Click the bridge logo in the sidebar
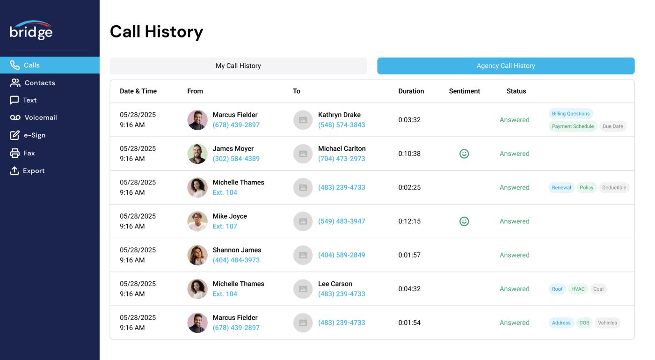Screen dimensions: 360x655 tap(31, 30)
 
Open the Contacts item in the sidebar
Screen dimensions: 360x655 tap(39, 83)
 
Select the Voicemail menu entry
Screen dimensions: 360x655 tap(40, 118)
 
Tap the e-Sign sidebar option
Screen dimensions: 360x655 tap(34, 135)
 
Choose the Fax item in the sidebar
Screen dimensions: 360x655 tap(29, 153)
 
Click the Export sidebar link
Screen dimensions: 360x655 tap(34, 171)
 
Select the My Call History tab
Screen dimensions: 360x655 tap(238, 66)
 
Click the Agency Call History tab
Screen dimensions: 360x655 tap(506, 66)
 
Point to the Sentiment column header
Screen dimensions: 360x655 tap(464, 91)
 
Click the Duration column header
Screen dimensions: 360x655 tap(411, 91)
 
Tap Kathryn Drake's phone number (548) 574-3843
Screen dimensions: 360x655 tap(342, 125)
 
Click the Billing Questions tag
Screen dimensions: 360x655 tap(570, 114)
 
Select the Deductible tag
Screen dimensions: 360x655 tap(614, 188)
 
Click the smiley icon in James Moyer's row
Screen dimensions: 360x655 tap(464, 154)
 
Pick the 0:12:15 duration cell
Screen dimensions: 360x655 tap(409, 221)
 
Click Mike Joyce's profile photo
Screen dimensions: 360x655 tap(197, 221)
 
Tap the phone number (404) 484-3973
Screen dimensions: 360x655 tap(236, 260)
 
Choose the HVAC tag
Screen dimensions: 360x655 tap(578, 289)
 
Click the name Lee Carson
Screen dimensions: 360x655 tap(335, 284)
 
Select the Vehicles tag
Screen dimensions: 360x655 tap(607, 323)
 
